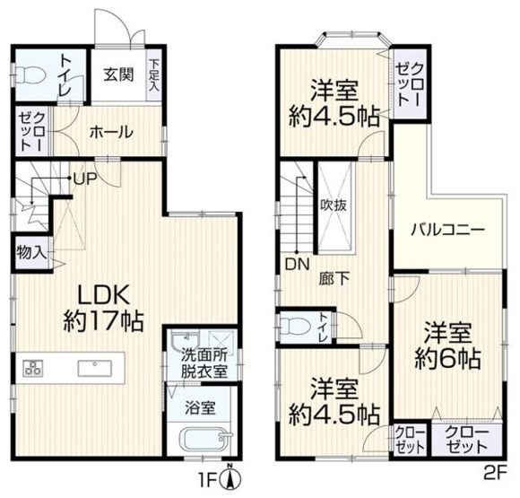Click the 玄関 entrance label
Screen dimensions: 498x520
117,75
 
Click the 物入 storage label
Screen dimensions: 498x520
30,252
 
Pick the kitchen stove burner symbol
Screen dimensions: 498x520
34,368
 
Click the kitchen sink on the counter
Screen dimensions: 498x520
93,368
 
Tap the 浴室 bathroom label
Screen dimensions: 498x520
199,407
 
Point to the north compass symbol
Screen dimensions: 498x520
230,476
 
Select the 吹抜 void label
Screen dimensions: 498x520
334,204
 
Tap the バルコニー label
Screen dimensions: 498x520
447,229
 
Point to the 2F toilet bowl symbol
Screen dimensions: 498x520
296,324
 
